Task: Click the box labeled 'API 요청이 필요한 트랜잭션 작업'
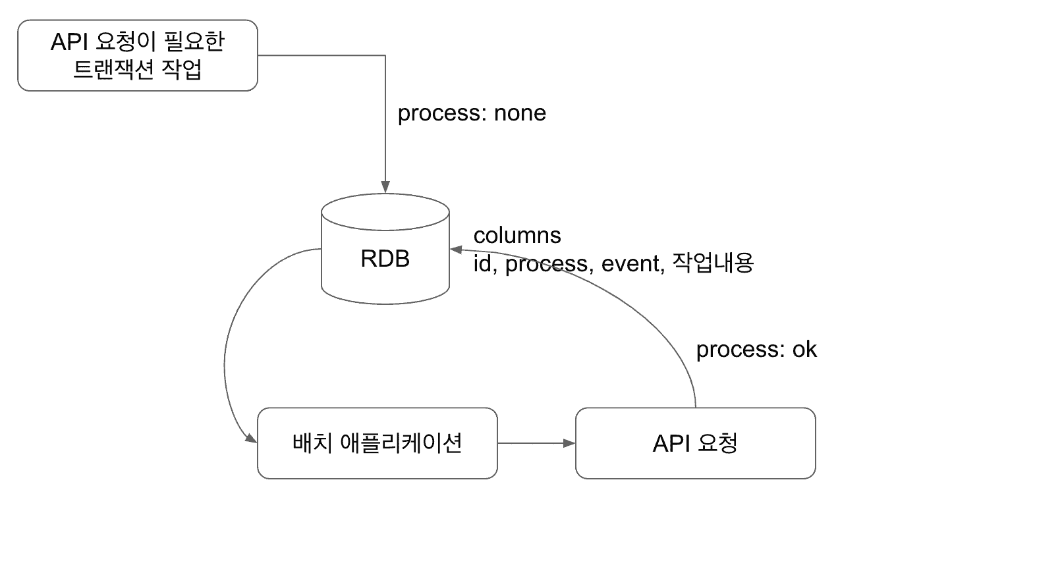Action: [x=137, y=55]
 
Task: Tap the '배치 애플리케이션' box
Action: [x=377, y=443]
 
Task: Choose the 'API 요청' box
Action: [x=695, y=443]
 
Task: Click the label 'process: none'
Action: [x=472, y=113]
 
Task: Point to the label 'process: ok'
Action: [x=756, y=349]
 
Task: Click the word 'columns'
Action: [x=517, y=235]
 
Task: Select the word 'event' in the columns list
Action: [x=630, y=263]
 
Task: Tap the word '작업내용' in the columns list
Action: [x=713, y=263]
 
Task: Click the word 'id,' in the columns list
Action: [x=485, y=263]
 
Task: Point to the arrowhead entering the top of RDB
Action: [x=385, y=186]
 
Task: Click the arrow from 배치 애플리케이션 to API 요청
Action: [x=536, y=443]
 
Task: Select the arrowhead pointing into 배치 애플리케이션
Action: [x=251, y=438]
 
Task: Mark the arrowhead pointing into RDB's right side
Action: [x=455, y=250]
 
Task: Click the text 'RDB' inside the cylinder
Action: [x=385, y=259]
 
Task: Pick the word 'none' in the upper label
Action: [x=520, y=113]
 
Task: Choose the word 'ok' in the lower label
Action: [x=804, y=349]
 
